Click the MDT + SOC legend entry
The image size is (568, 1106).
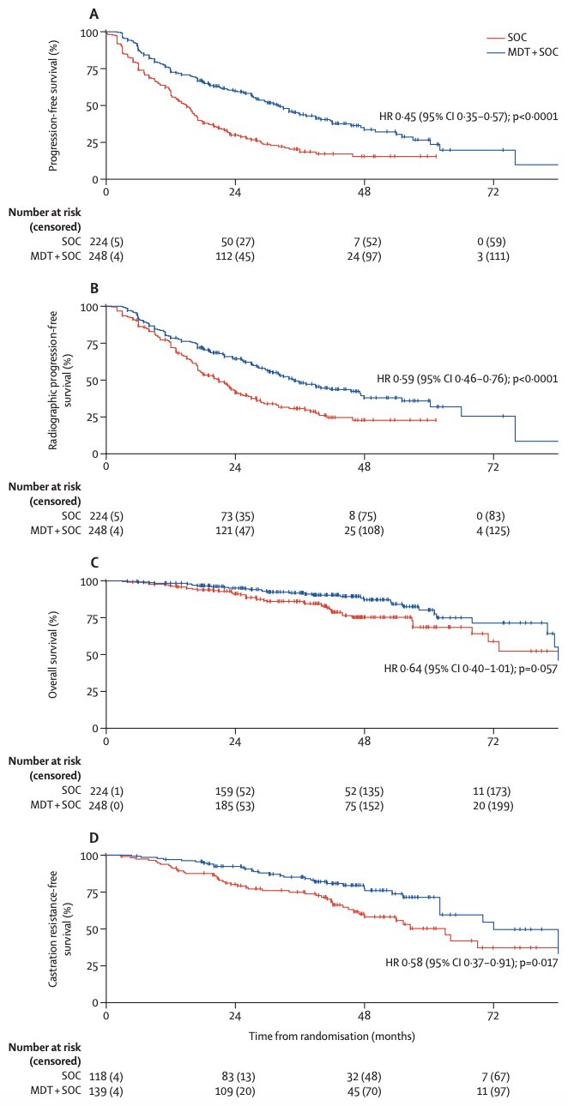coord(523,51)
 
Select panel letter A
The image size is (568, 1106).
coord(94,15)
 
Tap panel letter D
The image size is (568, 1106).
coord(94,838)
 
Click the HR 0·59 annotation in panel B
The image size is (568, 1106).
coord(468,379)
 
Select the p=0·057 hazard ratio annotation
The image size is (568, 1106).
coord(471,669)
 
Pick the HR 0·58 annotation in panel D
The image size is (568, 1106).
coord(472,962)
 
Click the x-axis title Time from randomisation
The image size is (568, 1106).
coord(331,1036)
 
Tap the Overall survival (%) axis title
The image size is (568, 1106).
coord(53,654)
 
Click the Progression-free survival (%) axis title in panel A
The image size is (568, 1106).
coord(53,105)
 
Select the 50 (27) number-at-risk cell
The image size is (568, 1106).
coord(238,242)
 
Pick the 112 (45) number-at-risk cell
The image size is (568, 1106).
coord(235,256)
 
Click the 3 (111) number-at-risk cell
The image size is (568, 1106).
coord(493,256)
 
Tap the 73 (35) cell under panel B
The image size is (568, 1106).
coord(238,516)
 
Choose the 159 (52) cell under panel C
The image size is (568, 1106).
coord(235,791)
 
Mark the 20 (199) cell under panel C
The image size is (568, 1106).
coord(493,806)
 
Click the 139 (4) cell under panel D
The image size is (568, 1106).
coord(106,1091)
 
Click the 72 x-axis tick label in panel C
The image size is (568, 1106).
coord(493,741)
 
